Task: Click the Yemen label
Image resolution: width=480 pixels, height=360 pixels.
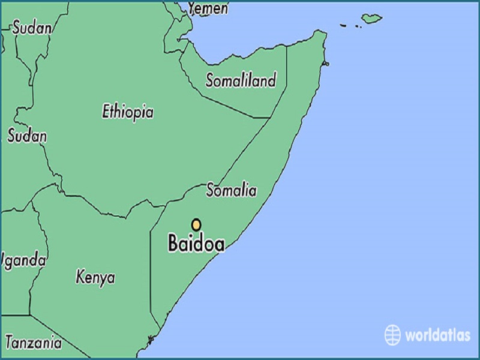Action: [x=208, y=8]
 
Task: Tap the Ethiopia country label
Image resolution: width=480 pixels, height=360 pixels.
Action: [x=127, y=112]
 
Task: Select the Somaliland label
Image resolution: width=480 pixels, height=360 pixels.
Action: [x=241, y=80]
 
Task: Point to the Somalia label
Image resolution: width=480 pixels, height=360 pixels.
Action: [x=231, y=190]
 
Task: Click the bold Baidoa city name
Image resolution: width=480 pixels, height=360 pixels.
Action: [x=196, y=244]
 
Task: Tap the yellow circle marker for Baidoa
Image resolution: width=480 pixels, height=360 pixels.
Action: [x=196, y=224]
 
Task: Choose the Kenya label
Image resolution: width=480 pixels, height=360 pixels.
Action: [x=95, y=277]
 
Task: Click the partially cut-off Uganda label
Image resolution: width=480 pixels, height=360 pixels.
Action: [x=23, y=260]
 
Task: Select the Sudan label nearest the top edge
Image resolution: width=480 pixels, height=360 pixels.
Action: [x=32, y=27]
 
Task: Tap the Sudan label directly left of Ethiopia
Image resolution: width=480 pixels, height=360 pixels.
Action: [x=26, y=136]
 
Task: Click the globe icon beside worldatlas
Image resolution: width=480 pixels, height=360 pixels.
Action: [x=392, y=334]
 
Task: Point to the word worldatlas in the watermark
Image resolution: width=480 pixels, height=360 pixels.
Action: [x=437, y=335]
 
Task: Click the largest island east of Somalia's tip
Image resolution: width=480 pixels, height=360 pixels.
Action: [x=372, y=18]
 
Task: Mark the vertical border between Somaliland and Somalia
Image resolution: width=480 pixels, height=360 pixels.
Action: [x=286, y=78]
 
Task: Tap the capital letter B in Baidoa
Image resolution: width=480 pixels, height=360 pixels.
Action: [x=175, y=244]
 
